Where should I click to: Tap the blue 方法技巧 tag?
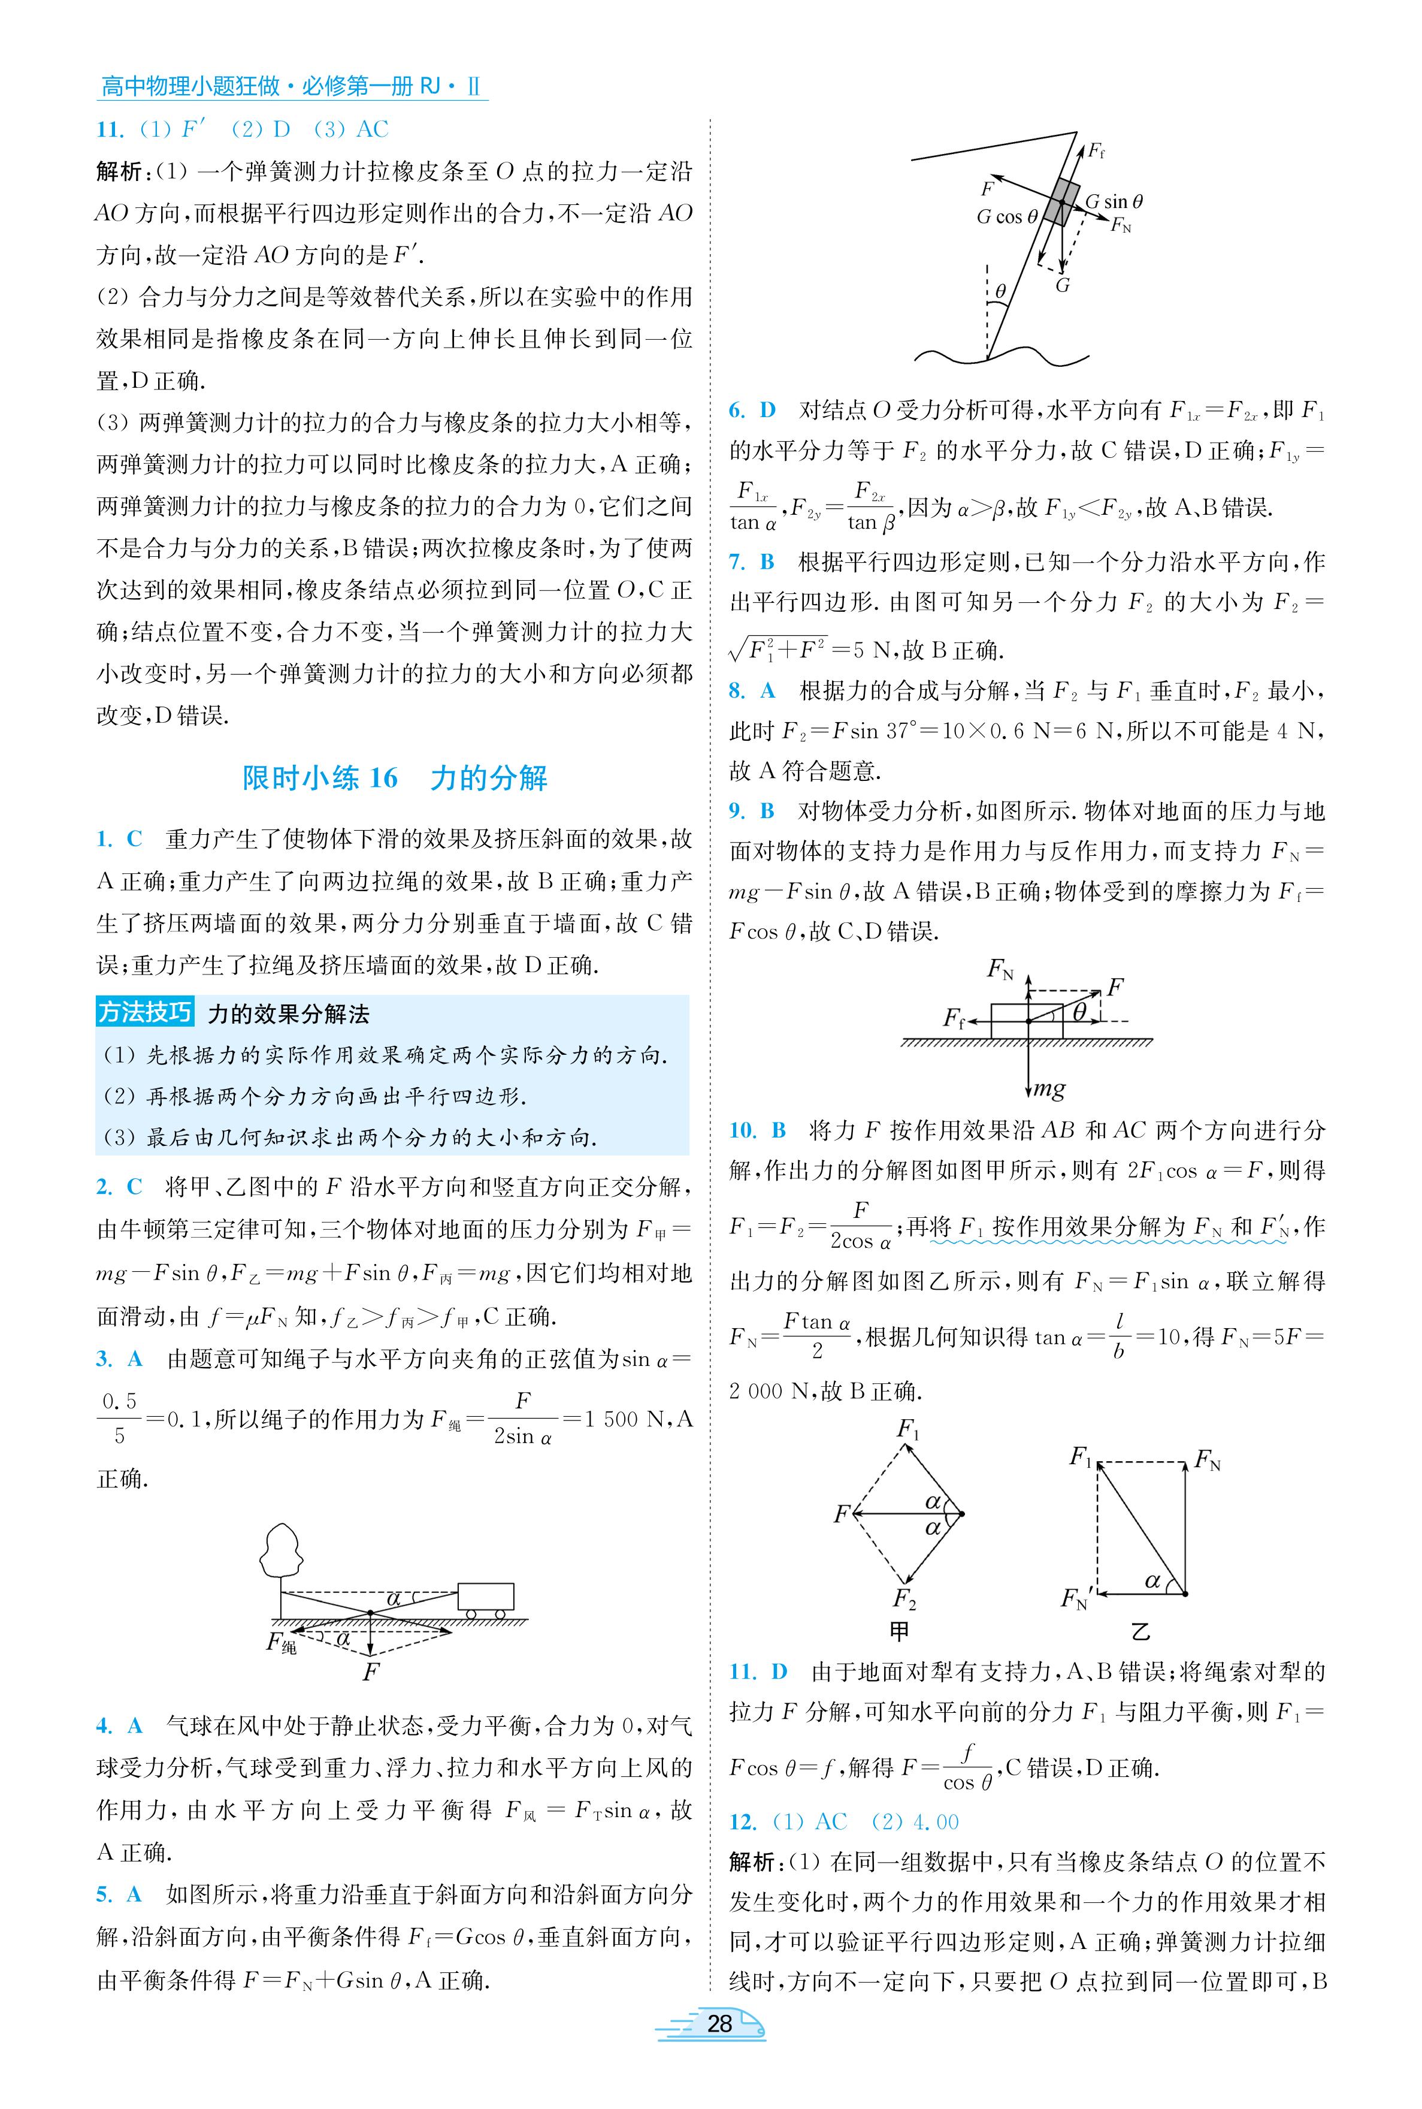pos(145,1012)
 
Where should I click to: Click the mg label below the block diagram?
pos(1049,1088)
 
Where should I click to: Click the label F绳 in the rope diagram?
pos(281,1641)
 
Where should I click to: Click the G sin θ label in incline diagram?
pos(1114,201)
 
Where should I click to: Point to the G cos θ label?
pos(1007,218)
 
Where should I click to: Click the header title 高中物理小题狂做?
pos(190,87)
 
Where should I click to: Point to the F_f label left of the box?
pos(954,1018)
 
